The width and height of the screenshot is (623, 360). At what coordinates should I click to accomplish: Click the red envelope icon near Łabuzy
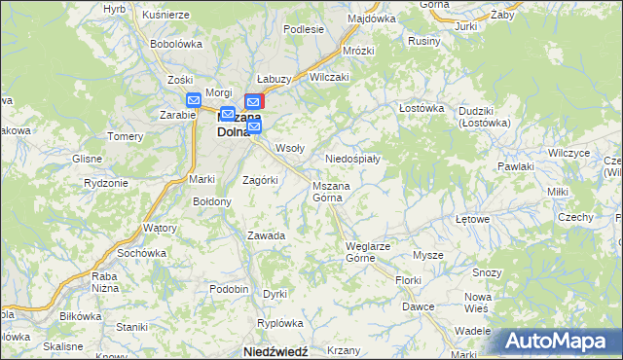click(x=254, y=100)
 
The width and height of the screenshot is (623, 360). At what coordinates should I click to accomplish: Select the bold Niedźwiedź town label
click(x=275, y=350)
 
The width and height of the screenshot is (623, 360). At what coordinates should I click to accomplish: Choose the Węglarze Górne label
click(x=368, y=252)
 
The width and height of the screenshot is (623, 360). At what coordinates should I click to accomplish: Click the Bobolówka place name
click(x=175, y=44)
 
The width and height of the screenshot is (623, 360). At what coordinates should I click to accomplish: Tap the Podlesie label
click(x=303, y=29)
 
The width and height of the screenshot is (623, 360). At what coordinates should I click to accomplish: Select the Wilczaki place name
click(x=328, y=76)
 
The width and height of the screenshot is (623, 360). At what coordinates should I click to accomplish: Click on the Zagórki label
click(x=260, y=180)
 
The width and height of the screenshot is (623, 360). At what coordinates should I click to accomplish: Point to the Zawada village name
click(x=265, y=235)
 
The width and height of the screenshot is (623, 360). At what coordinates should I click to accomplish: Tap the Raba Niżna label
click(x=104, y=281)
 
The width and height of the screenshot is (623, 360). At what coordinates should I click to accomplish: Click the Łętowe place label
click(x=472, y=219)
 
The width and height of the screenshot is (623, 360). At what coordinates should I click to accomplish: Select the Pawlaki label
click(x=515, y=167)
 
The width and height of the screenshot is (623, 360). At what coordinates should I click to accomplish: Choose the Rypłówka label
click(x=275, y=322)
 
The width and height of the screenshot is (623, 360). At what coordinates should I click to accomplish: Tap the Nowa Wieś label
click(x=477, y=302)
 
